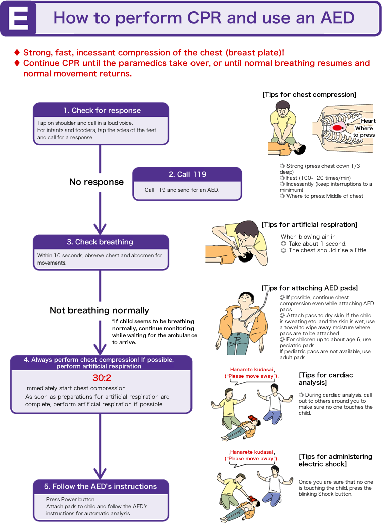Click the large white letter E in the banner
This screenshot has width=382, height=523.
tap(19, 18)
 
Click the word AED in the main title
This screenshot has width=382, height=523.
tap(337, 18)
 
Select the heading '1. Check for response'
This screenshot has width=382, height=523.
tap(102, 111)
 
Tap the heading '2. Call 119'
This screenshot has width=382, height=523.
tap(187, 175)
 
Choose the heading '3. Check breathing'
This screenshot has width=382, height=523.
tap(100, 242)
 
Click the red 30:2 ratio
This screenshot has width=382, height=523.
tap(102, 378)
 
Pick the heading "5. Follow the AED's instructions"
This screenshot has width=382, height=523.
tap(101, 487)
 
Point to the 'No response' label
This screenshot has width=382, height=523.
tap(97, 182)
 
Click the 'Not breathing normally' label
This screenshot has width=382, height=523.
tap(100, 311)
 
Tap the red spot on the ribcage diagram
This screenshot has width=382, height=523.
tap(337, 128)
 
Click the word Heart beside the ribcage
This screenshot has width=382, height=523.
tap(368, 121)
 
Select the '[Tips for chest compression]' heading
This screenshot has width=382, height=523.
tap(310, 95)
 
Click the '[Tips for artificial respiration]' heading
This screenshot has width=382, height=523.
tap(310, 225)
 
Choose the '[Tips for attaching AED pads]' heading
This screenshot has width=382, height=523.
tap(310, 288)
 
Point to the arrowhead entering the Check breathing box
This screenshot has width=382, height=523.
tap(100, 229)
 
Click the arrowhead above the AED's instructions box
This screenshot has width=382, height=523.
tap(100, 474)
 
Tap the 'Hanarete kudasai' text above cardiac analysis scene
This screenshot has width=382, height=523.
tap(251, 369)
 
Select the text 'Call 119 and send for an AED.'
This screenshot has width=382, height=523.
tap(182, 190)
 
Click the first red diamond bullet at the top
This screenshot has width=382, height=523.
tap(17, 52)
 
